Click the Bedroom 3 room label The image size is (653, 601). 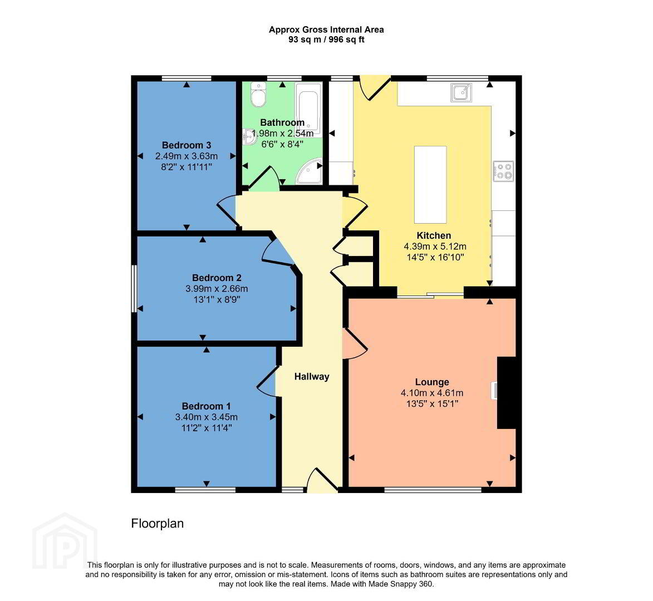186,145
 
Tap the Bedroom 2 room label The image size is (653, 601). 217,278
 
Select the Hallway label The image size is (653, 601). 312,377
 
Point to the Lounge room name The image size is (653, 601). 432,382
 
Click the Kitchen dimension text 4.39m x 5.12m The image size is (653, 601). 435,247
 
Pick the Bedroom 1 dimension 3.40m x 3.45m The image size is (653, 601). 207,417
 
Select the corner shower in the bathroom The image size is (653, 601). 310,171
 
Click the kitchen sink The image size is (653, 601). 461,92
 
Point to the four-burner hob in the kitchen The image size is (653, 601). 503,171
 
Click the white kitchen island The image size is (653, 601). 430,184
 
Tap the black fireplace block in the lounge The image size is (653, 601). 507,392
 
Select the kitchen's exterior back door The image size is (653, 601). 375,88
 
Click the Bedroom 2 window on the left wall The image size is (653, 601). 134,289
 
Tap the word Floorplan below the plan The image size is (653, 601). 158,523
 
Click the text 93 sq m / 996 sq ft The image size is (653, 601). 326,40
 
